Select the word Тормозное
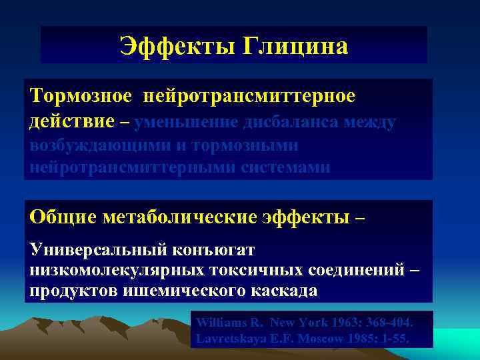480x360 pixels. coord(81,96)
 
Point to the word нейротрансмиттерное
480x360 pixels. coord(248,96)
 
